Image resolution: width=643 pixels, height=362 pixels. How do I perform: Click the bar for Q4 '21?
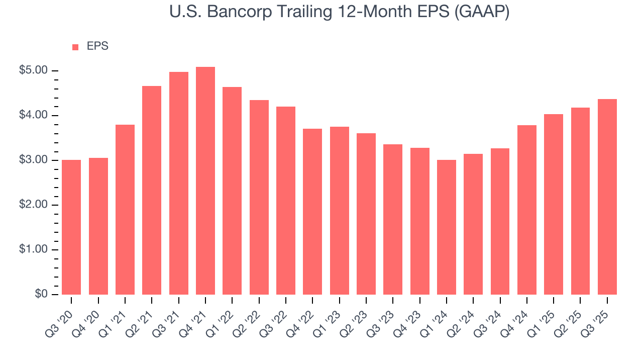click(x=205, y=181)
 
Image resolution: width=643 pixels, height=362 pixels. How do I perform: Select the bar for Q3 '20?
click(x=71, y=227)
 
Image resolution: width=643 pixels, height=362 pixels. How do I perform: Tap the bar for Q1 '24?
click(x=447, y=227)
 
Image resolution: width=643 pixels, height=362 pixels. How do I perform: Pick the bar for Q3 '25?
click(x=607, y=197)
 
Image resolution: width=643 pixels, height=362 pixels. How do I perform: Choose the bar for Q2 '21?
click(x=152, y=190)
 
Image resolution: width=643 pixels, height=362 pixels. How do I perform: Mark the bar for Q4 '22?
click(x=312, y=212)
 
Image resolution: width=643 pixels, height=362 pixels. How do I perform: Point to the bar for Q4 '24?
click(x=527, y=210)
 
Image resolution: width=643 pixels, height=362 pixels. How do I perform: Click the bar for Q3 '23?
click(x=393, y=219)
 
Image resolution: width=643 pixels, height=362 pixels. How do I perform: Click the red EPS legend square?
click(x=75, y=47)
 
